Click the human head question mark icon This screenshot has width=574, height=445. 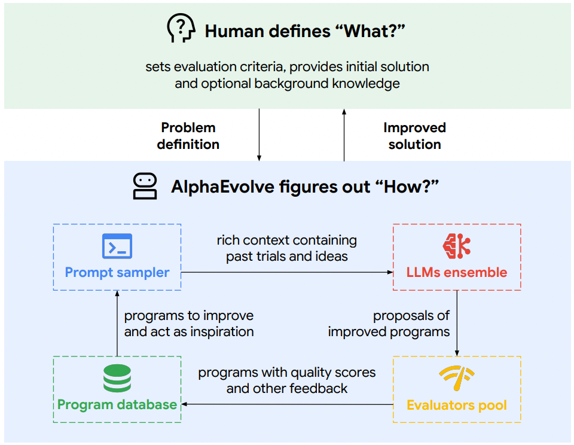pos(181,28)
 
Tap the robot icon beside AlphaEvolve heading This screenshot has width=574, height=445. pos(145,186)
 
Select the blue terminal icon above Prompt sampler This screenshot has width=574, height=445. pos(117,246)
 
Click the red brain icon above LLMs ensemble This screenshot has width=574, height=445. pos(456,246)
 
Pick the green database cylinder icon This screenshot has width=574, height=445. pos(117,379)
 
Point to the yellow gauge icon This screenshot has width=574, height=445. pos(457,378)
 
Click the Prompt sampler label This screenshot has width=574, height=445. pos(117,273)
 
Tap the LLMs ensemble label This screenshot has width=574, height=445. pos(457,273)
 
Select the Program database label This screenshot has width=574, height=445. pos(117,405)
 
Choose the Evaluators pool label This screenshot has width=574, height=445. pos(457,405)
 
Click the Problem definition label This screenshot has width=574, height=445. pos(188,136)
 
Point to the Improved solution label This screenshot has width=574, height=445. pos(415,136)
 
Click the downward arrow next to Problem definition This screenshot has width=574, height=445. pos(259,135)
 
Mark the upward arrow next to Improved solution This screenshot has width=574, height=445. pos(344,135)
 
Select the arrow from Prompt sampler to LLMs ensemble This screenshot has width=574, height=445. pos(287,272)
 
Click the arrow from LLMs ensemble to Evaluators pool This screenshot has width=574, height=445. pos(457,323)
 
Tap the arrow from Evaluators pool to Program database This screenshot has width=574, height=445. pos(288,404)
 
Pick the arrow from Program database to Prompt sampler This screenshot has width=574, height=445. pos(117,323)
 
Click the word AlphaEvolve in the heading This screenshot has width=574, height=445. pos(223,187)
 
